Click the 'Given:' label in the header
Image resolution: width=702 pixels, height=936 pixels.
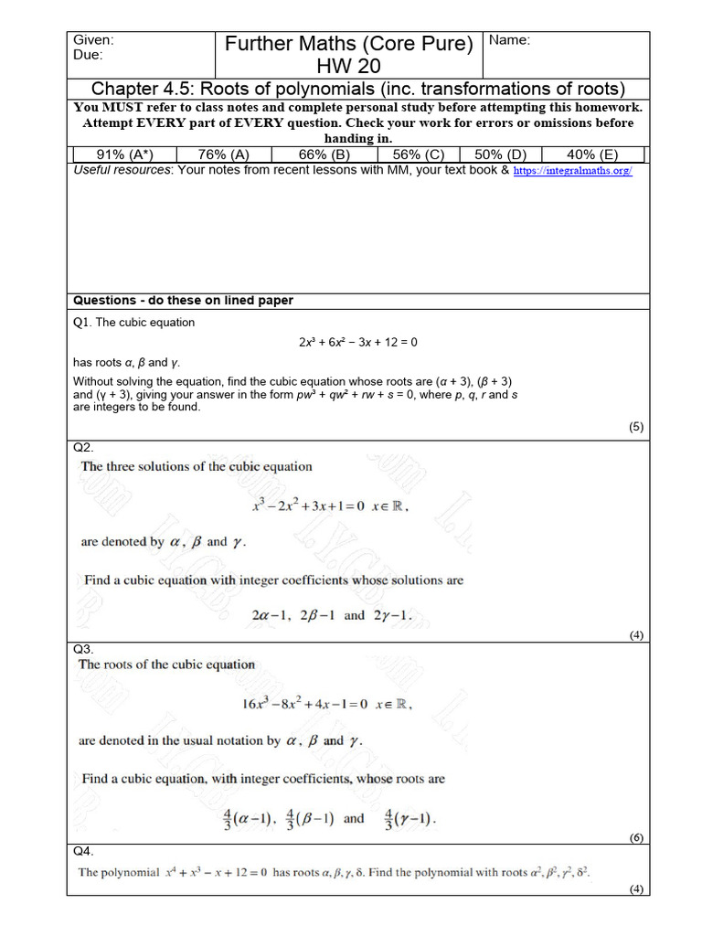tap(92, 40)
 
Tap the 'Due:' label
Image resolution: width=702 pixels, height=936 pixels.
tap(88, 54)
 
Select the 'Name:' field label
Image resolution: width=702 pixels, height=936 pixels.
tap(509, 40)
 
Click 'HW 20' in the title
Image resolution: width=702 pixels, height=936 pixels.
tap(348, 66)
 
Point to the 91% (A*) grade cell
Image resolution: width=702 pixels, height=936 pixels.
tap(122, 154)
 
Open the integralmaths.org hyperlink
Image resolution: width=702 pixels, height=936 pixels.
tap(571, 171)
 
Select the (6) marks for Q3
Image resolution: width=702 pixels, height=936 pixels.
tap(636, 837)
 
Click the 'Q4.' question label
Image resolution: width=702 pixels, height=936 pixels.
tap(83, 851)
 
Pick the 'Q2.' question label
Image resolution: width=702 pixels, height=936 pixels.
tap(83, 447)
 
